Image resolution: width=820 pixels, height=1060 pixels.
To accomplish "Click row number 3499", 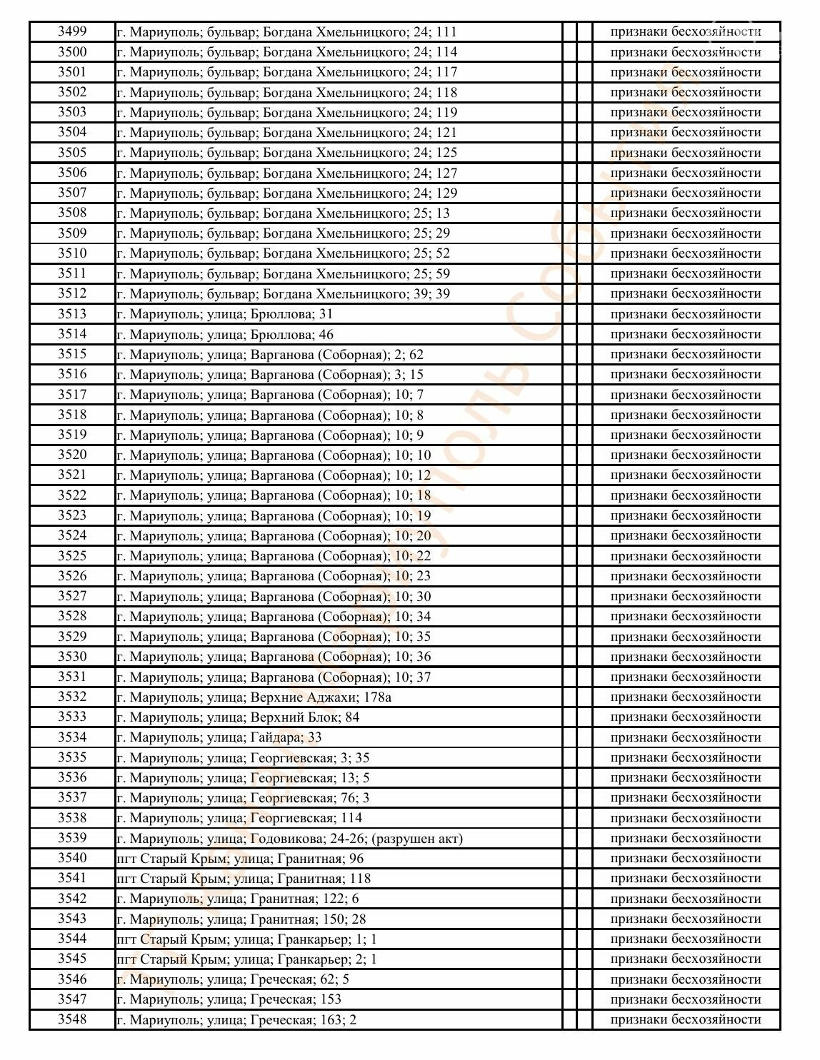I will coord(72,31).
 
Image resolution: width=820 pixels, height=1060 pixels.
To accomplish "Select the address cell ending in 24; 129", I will coord(286,193).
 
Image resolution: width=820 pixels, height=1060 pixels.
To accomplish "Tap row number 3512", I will coord(72,293).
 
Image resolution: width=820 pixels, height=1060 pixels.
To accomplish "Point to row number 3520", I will coord(72,455).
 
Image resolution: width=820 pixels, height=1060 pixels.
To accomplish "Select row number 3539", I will coord(72,838).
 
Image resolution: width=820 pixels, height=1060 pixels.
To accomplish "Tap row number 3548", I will coord(72,1019).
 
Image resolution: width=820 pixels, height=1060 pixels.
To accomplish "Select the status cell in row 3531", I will coord(686,677).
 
